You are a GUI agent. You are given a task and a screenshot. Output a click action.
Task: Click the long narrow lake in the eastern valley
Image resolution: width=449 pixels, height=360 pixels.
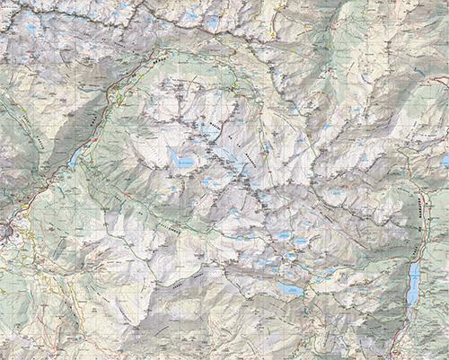click(x=413, y=284)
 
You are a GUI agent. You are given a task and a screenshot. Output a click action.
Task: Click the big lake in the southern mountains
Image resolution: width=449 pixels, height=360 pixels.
click(x=289, y=289)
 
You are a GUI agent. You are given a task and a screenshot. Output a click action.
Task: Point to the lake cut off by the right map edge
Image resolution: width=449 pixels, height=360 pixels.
click(x=445, y=161)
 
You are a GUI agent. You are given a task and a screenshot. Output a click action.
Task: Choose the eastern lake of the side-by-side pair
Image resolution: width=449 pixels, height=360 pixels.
click(x=301, y=241)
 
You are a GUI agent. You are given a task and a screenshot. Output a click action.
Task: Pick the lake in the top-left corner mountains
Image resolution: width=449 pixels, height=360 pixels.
click(x=31, y=27)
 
